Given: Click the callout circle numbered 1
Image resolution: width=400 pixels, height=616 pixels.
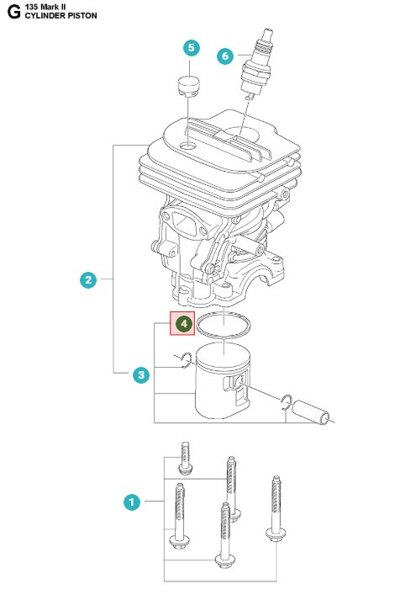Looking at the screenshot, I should [x=130, y=502].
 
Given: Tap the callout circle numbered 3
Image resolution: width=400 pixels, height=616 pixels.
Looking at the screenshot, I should [x=141, y=374].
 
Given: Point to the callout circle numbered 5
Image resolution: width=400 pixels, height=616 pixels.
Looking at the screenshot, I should [x=192, y=48].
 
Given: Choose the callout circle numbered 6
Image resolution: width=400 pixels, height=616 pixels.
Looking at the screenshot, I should [x=224, y=56].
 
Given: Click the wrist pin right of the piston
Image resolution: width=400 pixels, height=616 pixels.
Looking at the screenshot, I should [x=319, y=410].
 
